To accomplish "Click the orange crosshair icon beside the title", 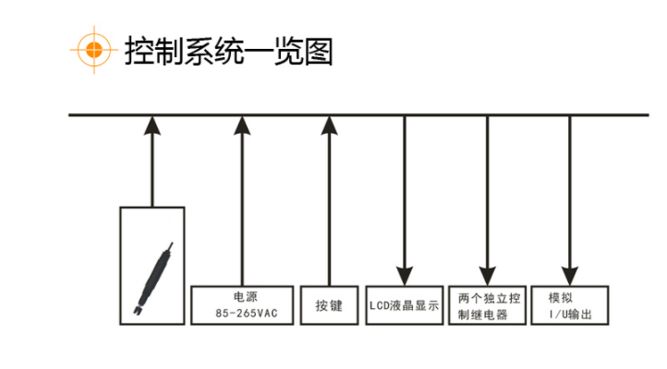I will point(91,51).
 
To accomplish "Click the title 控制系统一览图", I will point(228,52).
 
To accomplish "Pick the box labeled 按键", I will point(329,305).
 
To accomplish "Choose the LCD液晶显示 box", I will point(404,305).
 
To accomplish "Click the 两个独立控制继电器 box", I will point(489,305).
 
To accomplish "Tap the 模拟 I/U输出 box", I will point(570,305).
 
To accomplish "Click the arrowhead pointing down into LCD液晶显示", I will point(404,274).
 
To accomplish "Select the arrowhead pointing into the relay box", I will point(488,274).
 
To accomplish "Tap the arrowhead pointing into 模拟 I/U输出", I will point(570,274).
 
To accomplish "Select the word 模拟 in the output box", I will point(561,298).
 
